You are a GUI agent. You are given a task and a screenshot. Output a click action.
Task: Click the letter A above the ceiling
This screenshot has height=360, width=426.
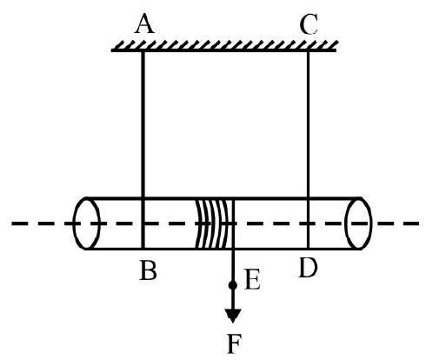pos(144,23)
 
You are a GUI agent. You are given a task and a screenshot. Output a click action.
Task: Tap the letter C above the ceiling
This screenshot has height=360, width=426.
pos(309,23)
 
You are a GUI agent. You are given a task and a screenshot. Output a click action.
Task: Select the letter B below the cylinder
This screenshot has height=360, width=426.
pos(148,270)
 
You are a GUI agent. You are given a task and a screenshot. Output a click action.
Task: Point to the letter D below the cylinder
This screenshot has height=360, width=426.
pos(308,267)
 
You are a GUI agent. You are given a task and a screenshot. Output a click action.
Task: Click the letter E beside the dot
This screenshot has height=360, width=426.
pos(252,279)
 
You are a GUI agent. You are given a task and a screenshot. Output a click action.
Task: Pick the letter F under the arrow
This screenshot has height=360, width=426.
pos(234,343)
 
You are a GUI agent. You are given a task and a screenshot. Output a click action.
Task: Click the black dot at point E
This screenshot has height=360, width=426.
pos(233,285)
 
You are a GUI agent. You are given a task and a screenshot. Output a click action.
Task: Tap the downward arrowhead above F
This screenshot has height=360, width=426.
pos(233,316)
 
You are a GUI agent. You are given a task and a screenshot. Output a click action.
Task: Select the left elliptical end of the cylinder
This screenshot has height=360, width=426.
pos(87,223)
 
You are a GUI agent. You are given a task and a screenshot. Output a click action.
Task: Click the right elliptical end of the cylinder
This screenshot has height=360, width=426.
pos(358,223)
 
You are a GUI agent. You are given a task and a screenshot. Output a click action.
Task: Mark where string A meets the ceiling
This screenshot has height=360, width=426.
pos(143,51)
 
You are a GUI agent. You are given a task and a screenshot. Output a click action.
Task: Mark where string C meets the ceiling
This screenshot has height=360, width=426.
pos(308,51)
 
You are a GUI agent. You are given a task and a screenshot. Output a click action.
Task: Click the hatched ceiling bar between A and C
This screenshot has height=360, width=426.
pos(224,46)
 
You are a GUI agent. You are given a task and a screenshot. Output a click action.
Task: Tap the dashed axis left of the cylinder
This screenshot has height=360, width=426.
pos(42,223)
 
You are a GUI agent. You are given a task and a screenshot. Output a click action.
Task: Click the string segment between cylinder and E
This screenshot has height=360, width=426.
pos(233,265)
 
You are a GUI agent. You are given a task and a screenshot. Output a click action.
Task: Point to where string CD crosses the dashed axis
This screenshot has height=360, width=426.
pos(308,223)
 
